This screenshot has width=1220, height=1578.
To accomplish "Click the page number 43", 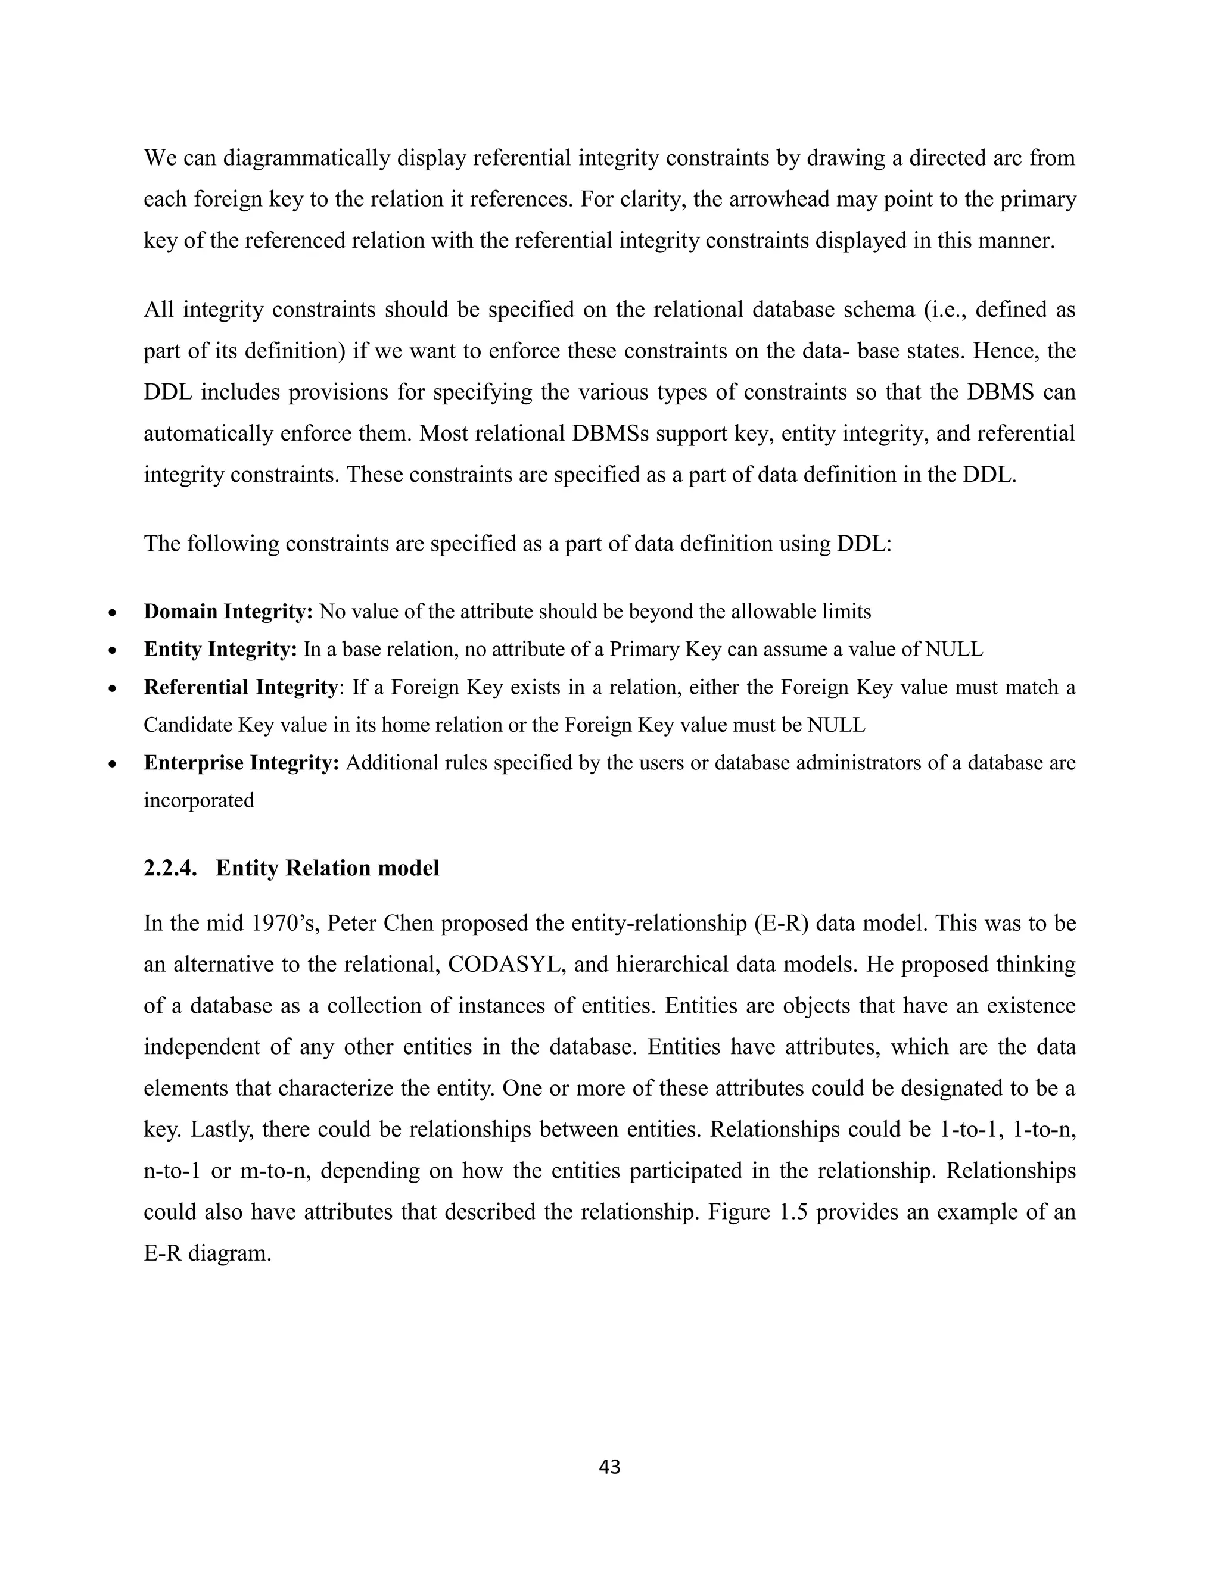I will point(609,1467).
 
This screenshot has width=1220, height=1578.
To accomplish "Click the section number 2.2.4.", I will point(170,868).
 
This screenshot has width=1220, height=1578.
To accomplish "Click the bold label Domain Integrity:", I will point(228,612).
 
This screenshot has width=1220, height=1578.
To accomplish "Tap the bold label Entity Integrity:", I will point(220,649).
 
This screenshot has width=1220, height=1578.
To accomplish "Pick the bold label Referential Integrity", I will point(240,687).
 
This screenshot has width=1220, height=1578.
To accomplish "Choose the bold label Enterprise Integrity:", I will point(241,762).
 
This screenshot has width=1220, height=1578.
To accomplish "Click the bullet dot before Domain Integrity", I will point(112,613).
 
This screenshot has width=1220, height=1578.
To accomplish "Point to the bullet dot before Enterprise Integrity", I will point(112,765).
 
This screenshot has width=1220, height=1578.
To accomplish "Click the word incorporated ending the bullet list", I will point(199,800).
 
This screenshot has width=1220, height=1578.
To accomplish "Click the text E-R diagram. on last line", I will point(207,1253).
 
